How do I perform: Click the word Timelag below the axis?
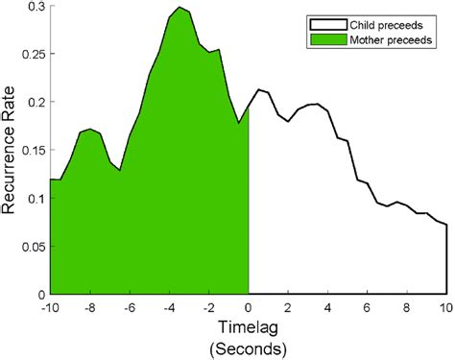click(248, 327)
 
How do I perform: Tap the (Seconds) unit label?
click(248, 347)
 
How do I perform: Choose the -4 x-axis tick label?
click(168, 307)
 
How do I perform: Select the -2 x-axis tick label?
click(208, 307)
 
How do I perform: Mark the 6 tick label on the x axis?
click(368, 307)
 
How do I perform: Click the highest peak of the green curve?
click(179, 8)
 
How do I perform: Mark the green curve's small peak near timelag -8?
click(89, 129)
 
